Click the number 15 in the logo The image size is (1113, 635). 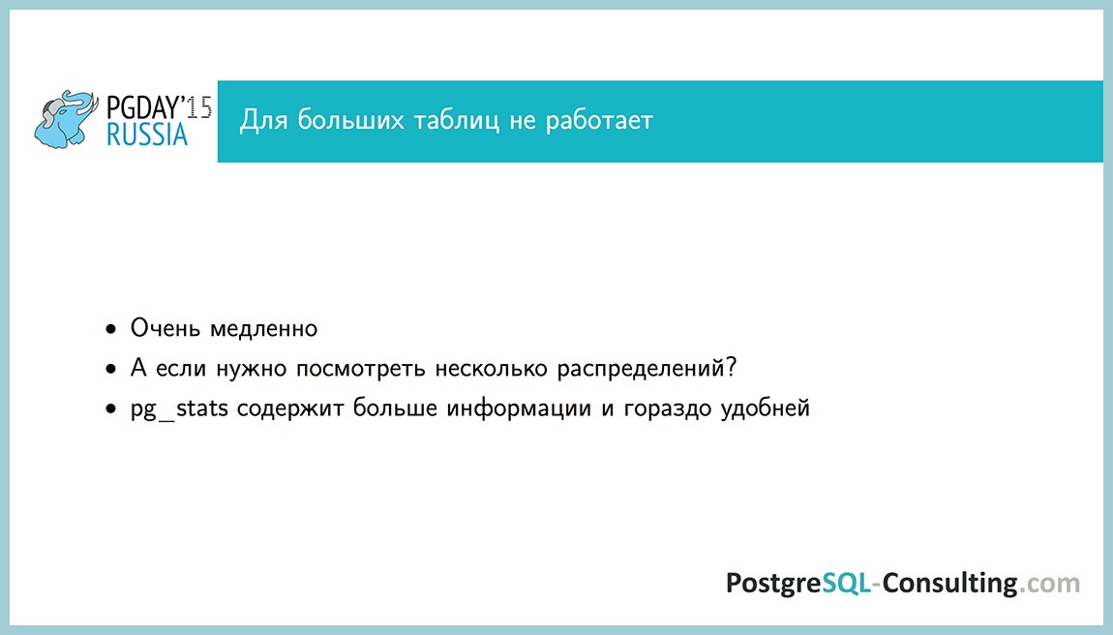pyautogui.click(x=199, y=106)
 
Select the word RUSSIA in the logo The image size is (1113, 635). pyautogui.click(x=147, y=135)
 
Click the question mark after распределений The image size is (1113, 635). pyautogui.click(x=732, y=368)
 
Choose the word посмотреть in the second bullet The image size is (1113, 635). pyautogui.click(x=354, y=370)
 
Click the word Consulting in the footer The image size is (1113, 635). pyautogui.click(x=949, y=584)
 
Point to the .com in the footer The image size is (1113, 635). pyautogui.click(x=1050, y=584)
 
